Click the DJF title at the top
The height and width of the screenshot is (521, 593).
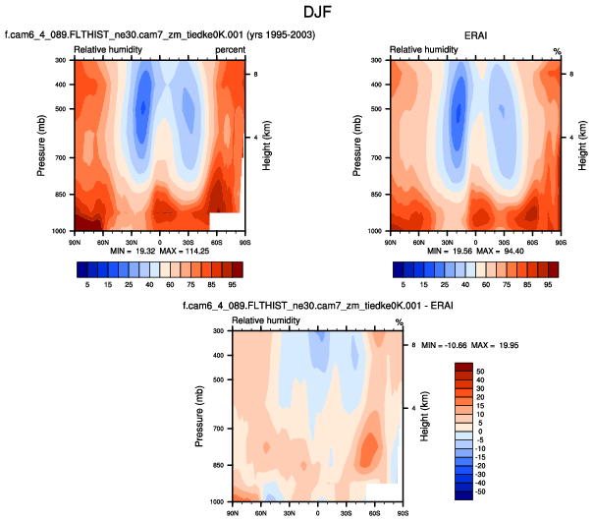[x=296, y=13]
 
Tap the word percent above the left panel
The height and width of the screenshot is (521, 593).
[x=230, y=48]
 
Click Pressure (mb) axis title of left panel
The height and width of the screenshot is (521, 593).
[x=42, y=145]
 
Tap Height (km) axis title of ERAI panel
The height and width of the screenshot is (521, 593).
[x=583, y=145]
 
